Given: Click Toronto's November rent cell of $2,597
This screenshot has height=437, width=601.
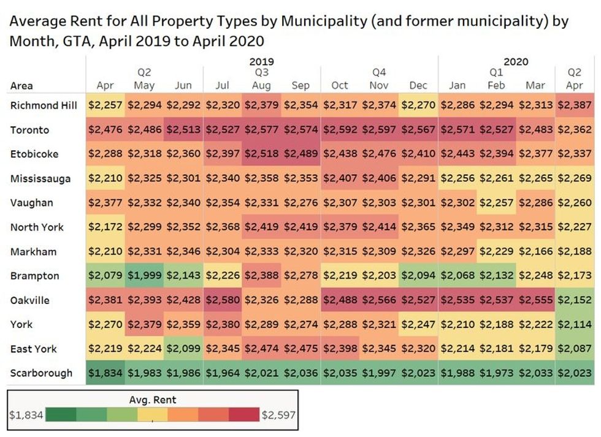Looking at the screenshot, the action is [x=379, y=129].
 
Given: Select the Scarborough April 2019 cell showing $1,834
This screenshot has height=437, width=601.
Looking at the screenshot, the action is [x=105, y=373].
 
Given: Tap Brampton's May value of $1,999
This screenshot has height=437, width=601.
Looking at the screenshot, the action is [x=145, y=275].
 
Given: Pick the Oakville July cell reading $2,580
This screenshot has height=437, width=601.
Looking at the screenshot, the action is [x=223, y=300].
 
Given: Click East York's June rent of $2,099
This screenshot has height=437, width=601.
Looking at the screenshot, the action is [x=183, y=349].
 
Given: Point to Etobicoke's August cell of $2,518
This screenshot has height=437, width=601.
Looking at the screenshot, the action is [x=262, y=154].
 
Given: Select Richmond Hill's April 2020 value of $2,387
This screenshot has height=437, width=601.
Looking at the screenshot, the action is [x=575, y=105].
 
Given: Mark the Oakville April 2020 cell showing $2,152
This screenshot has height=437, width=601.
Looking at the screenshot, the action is [x=575, y=300].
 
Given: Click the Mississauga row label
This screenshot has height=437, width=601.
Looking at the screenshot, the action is [x=40, y=178].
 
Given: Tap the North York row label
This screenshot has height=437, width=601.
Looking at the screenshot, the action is [x=37, y=227].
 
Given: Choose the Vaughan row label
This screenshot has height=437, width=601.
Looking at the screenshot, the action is [x=31, y=203].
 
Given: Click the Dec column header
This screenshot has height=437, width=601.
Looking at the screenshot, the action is [x=418, y=85].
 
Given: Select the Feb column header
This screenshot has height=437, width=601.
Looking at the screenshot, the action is [x=496, y=85].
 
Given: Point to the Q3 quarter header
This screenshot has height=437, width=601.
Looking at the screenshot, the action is [x=262, y=72].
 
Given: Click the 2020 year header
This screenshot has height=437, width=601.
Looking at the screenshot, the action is [x=516, y=61].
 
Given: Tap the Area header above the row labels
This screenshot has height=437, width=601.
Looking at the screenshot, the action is [x=21, y=85].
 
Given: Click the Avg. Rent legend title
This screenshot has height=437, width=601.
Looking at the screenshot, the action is [x=153, y=400].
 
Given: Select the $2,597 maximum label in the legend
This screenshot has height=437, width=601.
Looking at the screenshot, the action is [x=278, y=415].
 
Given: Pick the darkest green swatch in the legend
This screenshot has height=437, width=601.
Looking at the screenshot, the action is [x=61, y=414].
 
